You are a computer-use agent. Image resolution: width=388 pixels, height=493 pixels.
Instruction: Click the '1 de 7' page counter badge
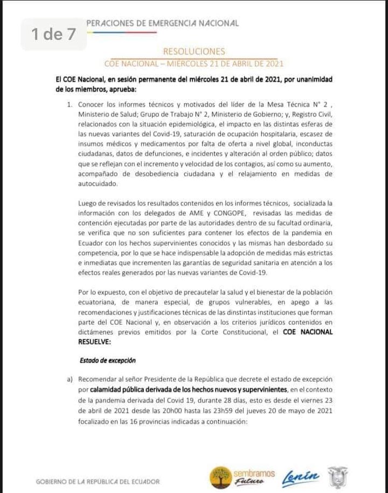coord(53,35)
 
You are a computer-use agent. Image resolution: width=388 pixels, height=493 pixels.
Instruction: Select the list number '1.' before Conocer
coord(70,105)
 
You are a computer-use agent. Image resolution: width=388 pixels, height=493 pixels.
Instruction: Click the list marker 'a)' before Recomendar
coord(70,379)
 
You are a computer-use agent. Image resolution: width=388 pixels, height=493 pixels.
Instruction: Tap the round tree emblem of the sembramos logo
coord(220,476)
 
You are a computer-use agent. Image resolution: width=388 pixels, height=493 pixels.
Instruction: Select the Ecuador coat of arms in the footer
coord(337,477)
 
